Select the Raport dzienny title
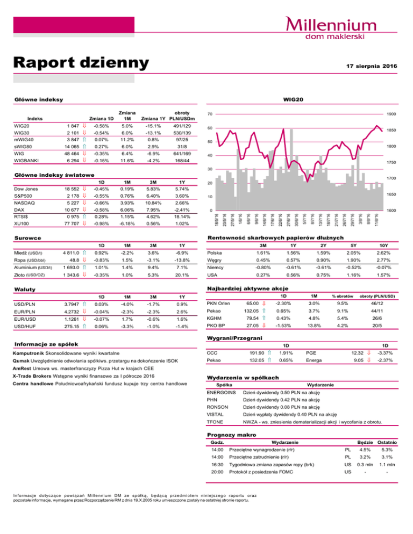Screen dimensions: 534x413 pyautogui.click(x=81, y=63)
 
